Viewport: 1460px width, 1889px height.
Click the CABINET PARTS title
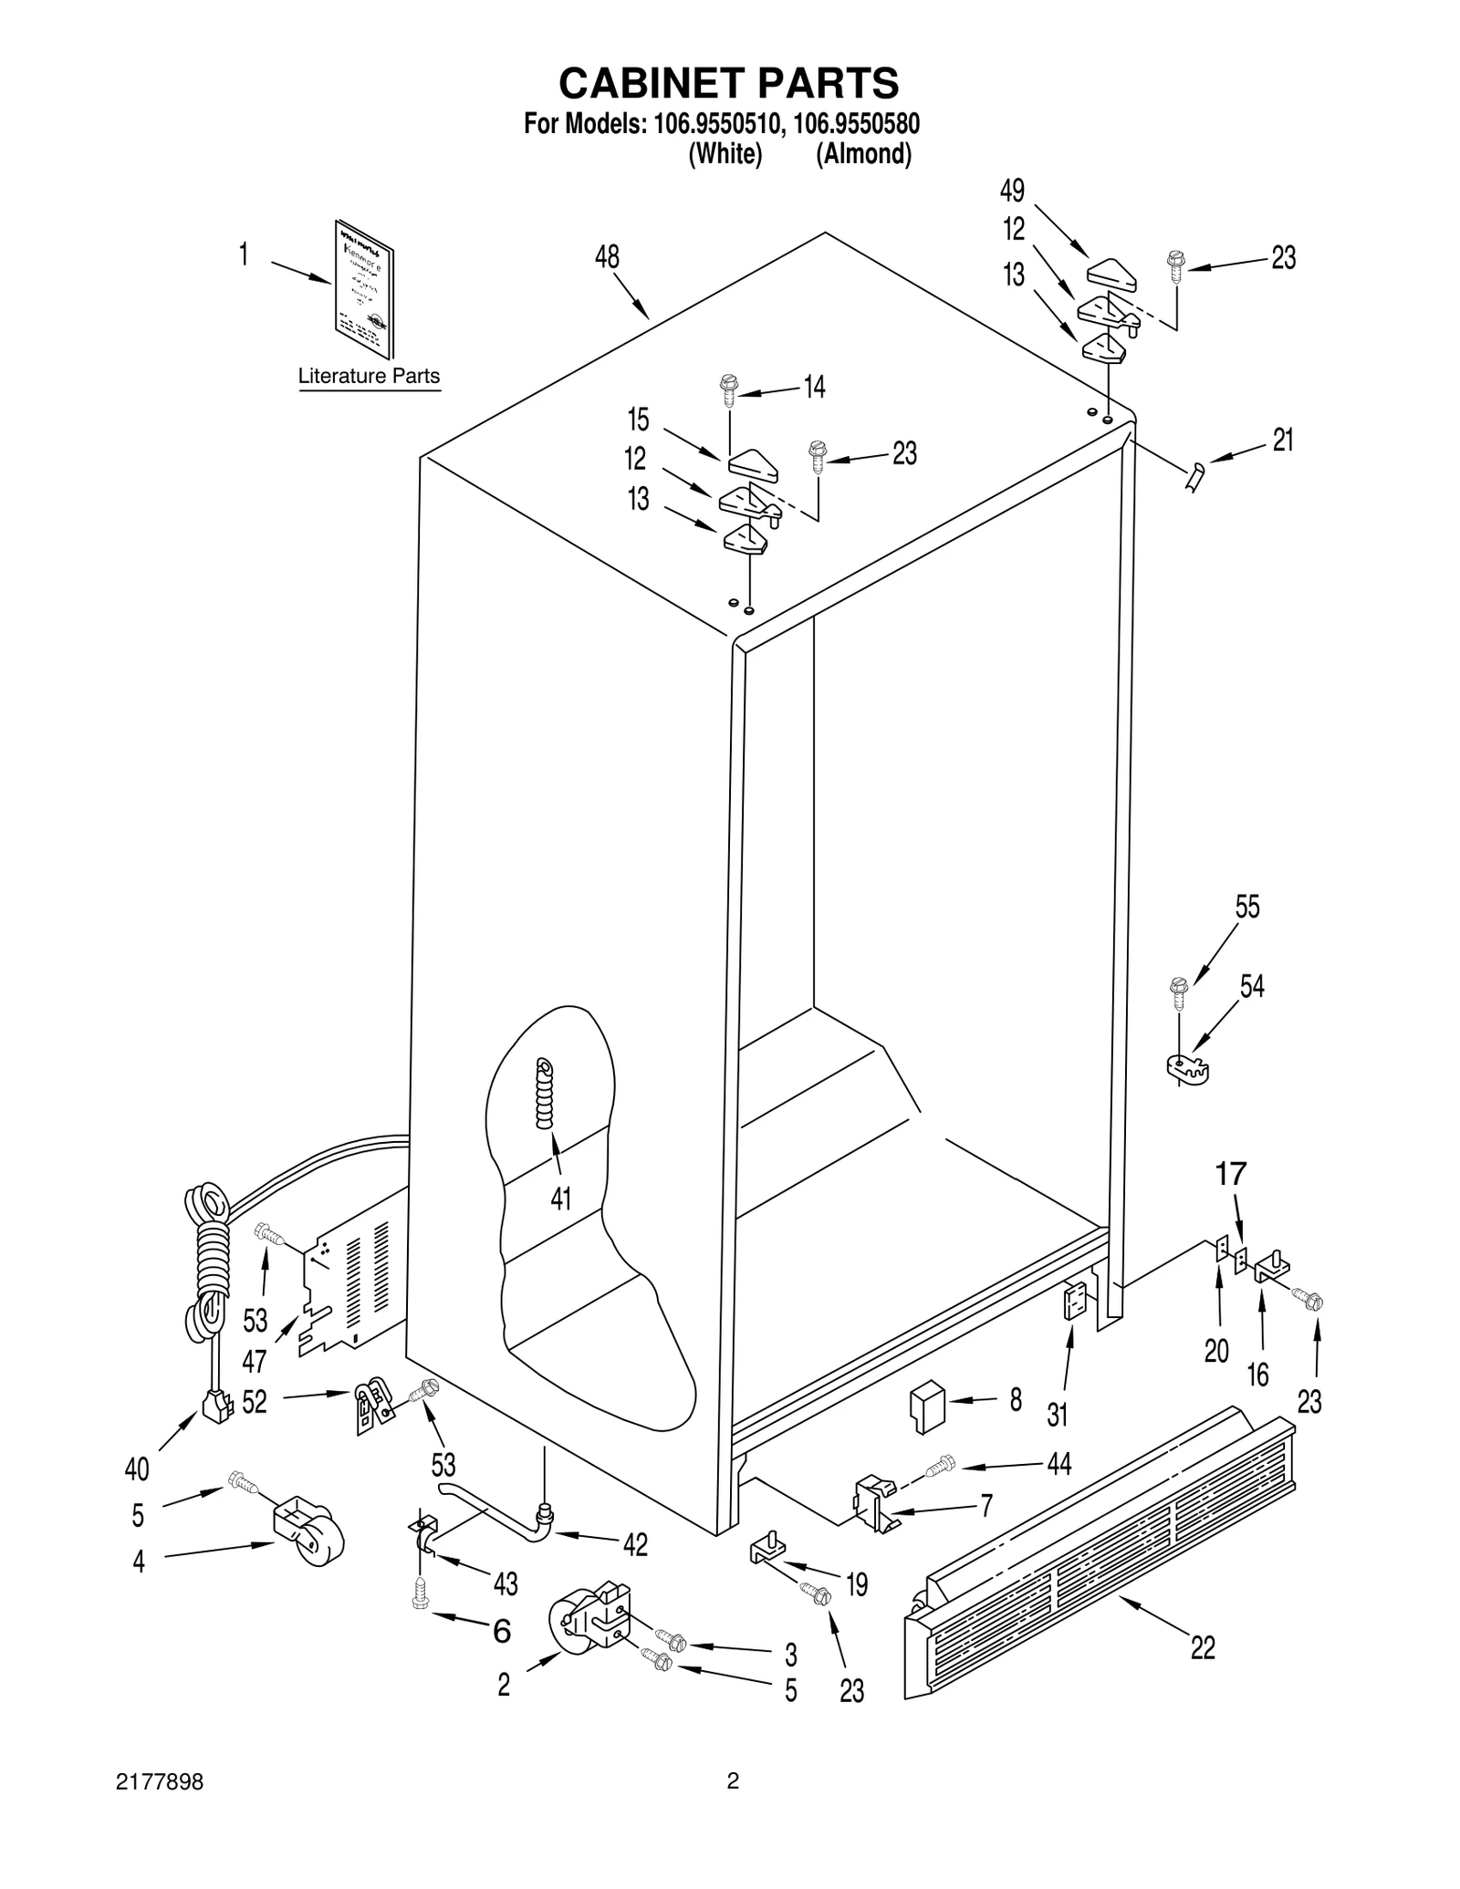coord(728,83)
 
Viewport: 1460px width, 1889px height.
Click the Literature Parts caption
coord(369,376)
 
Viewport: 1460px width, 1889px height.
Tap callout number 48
coord(607,258)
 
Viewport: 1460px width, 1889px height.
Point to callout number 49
coord(1012,191)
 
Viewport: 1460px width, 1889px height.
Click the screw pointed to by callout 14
coord(728,389)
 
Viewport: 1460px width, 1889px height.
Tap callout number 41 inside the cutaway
coord(560,1198)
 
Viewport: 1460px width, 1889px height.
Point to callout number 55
coord(1247,908)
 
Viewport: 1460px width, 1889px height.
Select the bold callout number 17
coord(1231,1173)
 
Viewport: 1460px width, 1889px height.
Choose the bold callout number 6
coord(502,1631)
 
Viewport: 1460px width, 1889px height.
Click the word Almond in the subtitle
coord(863,154)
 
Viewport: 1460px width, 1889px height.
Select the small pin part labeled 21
coord(1194,476)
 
